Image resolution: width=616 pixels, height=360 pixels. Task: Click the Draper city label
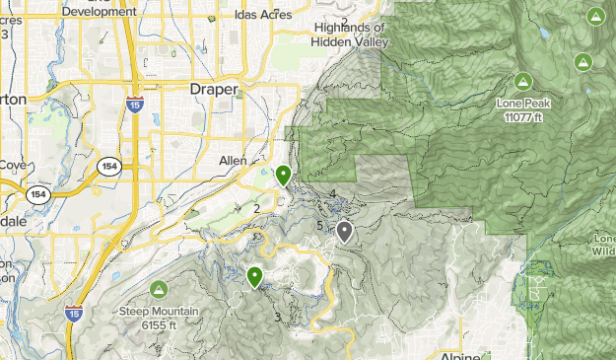pos(214,89)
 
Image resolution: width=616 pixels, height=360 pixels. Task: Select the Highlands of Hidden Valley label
pos(351,35)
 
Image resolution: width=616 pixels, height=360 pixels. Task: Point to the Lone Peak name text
pos(524,103)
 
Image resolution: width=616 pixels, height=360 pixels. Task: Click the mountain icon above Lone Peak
pos(523,81)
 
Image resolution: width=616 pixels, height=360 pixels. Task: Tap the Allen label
pos(234,160)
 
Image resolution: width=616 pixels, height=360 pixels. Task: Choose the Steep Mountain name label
pos(159,312)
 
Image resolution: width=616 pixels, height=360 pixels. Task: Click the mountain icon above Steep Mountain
pos(159,290)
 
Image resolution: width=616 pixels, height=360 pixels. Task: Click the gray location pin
pos(345,232)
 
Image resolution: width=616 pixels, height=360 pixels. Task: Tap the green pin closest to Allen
pos(284,176)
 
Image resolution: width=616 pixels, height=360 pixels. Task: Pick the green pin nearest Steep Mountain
pos(255,277)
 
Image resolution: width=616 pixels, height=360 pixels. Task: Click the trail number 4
pos(333,193)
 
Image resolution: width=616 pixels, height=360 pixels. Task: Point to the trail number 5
pos(319,227)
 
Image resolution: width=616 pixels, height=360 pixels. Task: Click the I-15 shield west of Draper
pos(133,104)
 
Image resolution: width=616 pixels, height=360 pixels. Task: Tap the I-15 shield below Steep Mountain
pos(73,314)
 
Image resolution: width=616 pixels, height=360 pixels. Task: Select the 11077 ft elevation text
pos(524,116)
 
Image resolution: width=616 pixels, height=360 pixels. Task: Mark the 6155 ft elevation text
pos(159,324)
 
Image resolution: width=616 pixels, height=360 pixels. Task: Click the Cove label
pos(11,165)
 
